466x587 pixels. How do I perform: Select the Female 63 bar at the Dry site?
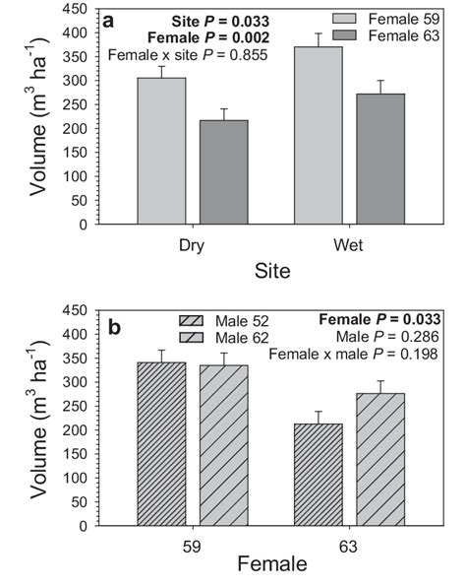(x=224, y=172)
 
